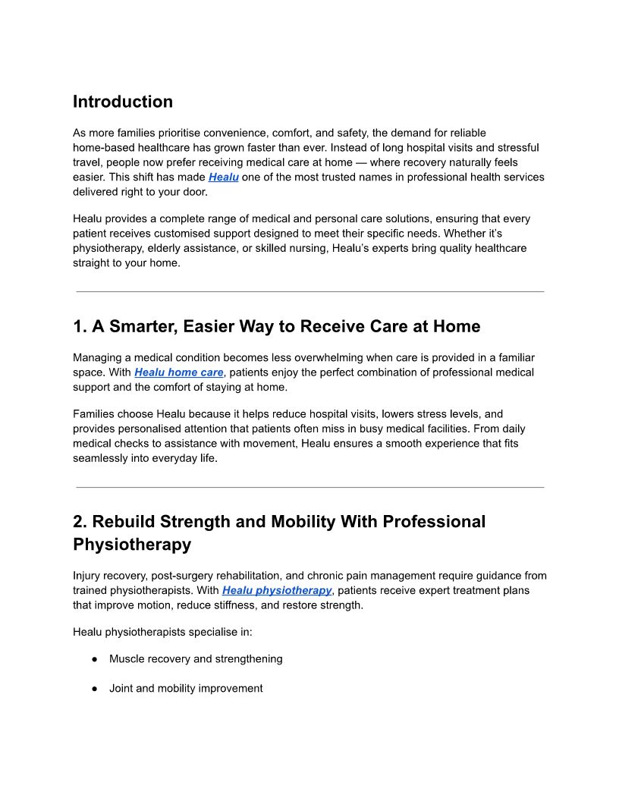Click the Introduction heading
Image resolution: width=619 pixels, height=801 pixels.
click(x=123, y=102)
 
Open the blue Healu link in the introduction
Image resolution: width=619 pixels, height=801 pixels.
click(x=224, y=177)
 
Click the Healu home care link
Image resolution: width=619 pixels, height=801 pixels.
click(x=179, y=372)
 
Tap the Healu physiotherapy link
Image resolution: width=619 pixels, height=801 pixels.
click(x=277, y=590)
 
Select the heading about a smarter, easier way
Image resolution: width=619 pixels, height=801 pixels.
click(x=277, y=327)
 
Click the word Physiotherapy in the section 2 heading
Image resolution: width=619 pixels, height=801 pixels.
click(x=132, y=544)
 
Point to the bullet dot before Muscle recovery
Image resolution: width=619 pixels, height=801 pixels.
click(x=95, y=659)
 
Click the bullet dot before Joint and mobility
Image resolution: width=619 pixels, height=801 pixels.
click(x=95, y=689)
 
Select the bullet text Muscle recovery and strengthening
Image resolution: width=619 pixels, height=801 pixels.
click(x=196, y=659)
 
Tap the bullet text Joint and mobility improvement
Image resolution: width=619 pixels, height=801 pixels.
click(x=186, y=689)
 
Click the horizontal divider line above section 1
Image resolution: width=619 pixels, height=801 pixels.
click(x=309, y=291)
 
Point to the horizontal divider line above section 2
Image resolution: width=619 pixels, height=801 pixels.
click(x=309, y=487)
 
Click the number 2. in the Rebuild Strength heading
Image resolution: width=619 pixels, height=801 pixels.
click(x=80, y=522)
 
